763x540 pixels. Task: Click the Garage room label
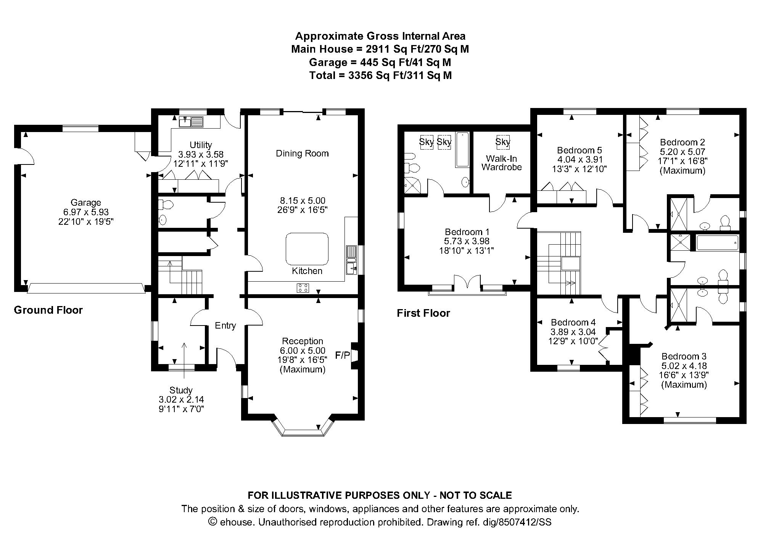(x=85, y=203)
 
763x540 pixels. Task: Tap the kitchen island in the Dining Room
(x=307, y=248)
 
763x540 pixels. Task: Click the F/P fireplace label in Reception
(x=342, y=356)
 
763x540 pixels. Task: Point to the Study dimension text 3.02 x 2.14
(x=181, y=400)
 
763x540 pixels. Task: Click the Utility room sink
(x=191, y=122)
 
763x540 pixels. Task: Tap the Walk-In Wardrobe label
(x=501, y=163)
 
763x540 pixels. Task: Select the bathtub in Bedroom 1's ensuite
(x=462, y=149)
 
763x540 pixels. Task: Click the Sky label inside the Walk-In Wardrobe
(x=502, y=142)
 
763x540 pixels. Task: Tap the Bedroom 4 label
(x=573, y=322)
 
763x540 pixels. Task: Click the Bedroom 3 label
(x=684, y=356)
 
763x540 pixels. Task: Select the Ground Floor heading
(x=48, y=310)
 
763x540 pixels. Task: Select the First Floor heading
(x=423, y=313)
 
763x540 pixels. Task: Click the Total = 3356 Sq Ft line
(x=380, y=75)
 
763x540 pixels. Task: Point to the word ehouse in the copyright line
(x=236, y=522)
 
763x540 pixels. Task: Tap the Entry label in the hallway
(x=225, y=326)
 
